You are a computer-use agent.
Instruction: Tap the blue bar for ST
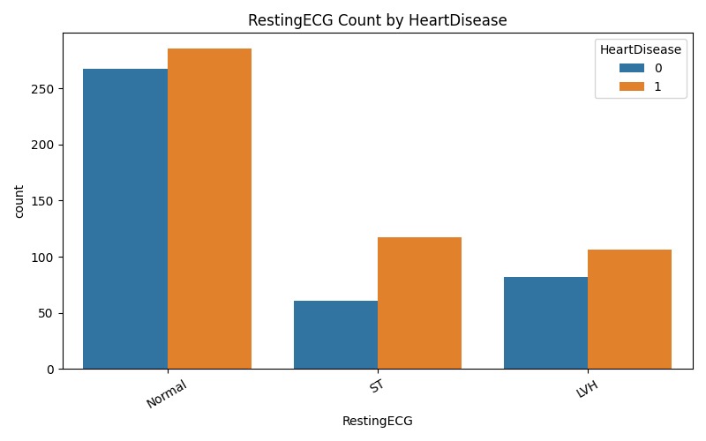(335, 335)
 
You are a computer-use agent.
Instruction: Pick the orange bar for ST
(419, 303)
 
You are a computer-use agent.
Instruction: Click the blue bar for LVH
(545, 323)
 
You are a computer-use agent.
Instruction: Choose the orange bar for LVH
(629, 310)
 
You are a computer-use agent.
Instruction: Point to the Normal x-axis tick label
(167, 393)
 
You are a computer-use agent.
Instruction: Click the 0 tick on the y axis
(50, 370)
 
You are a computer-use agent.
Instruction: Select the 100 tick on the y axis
(44, 258)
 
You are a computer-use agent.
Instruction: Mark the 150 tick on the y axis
(44, 201)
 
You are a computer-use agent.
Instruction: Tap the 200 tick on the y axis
(44, 146)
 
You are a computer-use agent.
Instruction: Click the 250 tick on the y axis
(44, 89)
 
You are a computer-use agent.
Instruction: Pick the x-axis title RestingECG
(377, 422)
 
